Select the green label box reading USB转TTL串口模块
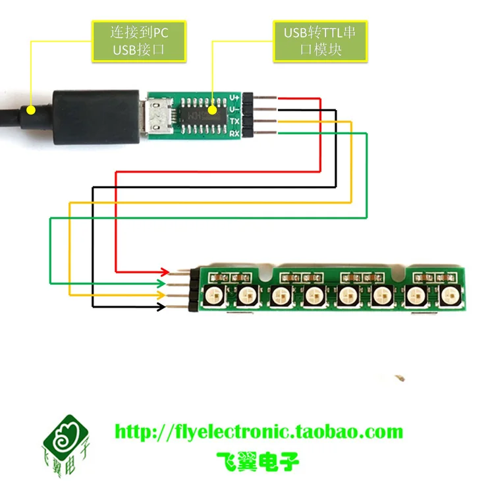pyautogui.click(x=319, y=41)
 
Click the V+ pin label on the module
pyautogui.click(x=234, y=97)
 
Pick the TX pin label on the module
pyautogui.click(x=234, y=121)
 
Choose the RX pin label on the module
pyautogui.click(x=234, y=133)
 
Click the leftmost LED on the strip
pyautogui.click(x=214, y=297)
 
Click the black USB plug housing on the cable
pyautogui.click(x=96, y=117)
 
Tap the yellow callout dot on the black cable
pyautogui.click(x=30, y=110)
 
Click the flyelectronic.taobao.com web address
pyautogui.click(x=259, y=432)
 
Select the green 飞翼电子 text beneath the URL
pyautogui.click(x=258, y=459)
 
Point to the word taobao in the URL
pyautogui.click(x=324, y=432)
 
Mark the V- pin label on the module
pyautogui.click(x=234, y=109)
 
